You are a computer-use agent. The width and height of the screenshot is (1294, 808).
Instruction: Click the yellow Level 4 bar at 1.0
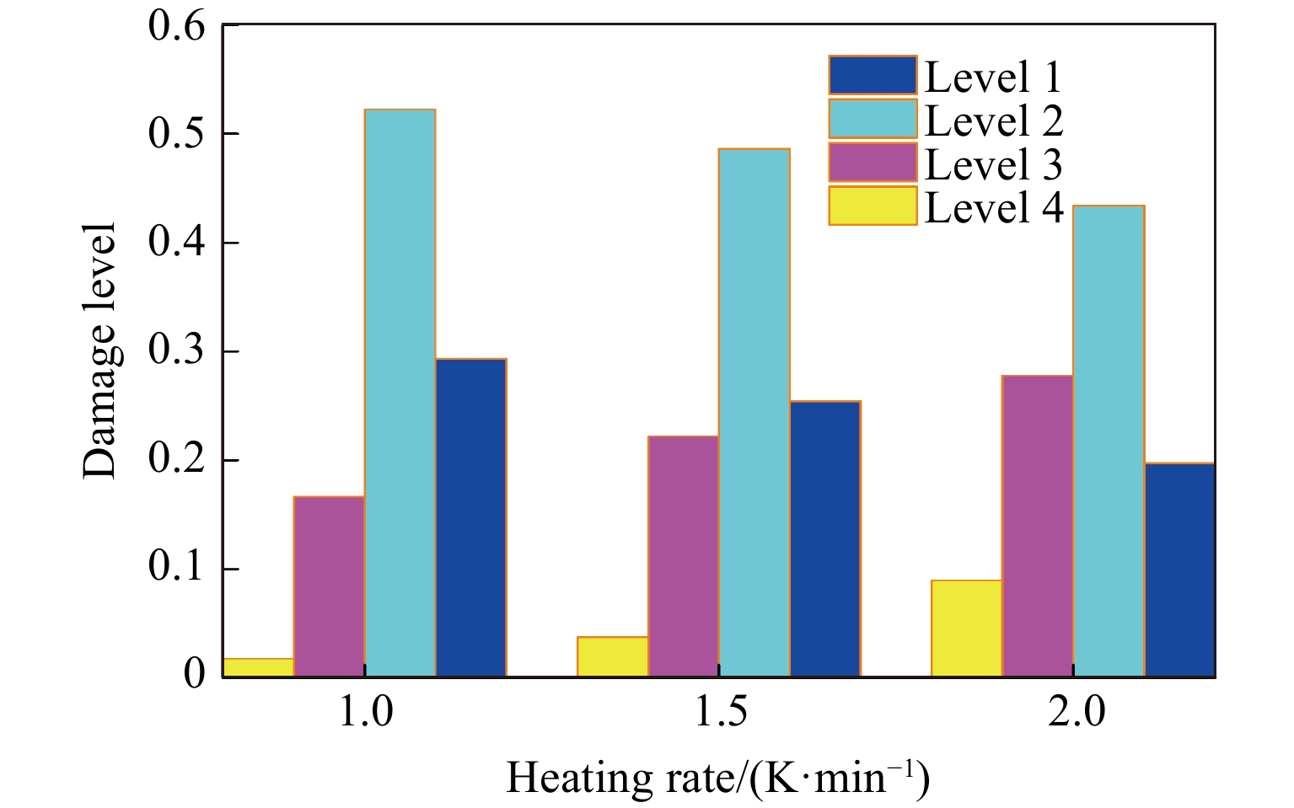click(258, 667)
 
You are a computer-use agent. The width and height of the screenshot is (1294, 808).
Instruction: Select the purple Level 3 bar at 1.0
click(329, 586)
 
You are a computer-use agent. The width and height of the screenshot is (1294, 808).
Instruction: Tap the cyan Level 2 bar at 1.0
click(400, 393)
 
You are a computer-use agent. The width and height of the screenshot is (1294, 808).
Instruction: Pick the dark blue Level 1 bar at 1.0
click(470, 517)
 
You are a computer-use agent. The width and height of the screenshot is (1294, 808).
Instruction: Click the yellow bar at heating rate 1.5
click(612, 656)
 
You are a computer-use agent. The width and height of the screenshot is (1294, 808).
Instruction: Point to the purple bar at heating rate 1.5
click(683, 556)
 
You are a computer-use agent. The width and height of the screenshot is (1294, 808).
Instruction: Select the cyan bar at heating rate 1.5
click(754, 413)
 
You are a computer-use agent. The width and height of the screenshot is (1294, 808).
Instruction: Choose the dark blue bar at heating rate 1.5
click(824, 538)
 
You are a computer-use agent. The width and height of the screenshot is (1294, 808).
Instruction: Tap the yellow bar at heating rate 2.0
click(966, 628)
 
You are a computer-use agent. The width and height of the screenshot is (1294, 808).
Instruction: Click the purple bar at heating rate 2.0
click(1037, 526)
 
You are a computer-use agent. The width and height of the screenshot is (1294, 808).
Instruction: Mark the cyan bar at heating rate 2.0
click(1108, 441)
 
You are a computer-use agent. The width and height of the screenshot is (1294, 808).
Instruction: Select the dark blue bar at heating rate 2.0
click(1179, 570)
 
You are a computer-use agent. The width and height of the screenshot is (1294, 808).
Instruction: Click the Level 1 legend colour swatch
click(872, 75)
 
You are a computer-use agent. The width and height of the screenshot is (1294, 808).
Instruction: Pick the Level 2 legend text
click(993, 120)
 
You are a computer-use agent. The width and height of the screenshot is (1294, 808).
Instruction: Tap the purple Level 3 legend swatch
click(872, 163)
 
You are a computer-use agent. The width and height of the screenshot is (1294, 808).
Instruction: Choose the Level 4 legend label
click(993, 207)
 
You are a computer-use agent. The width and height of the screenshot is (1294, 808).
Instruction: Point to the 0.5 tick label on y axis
click(176, 135)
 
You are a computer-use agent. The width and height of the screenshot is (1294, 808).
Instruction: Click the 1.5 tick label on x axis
click(721, 713)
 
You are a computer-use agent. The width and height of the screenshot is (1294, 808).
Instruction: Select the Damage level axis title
click(99, 350)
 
